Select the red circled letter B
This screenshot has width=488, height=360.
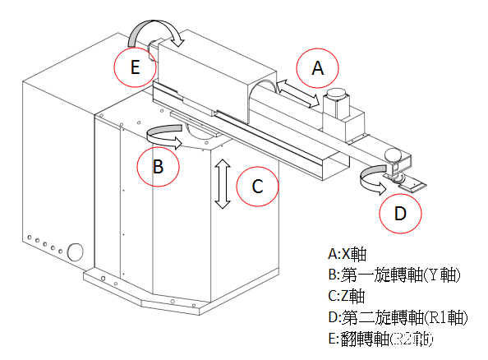point(159,167)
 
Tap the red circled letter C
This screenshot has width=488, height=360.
point(258,187)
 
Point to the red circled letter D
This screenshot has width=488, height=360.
point(400,214)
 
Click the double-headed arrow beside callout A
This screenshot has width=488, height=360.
point(298,93)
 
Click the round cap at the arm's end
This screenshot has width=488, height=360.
point(394,155)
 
